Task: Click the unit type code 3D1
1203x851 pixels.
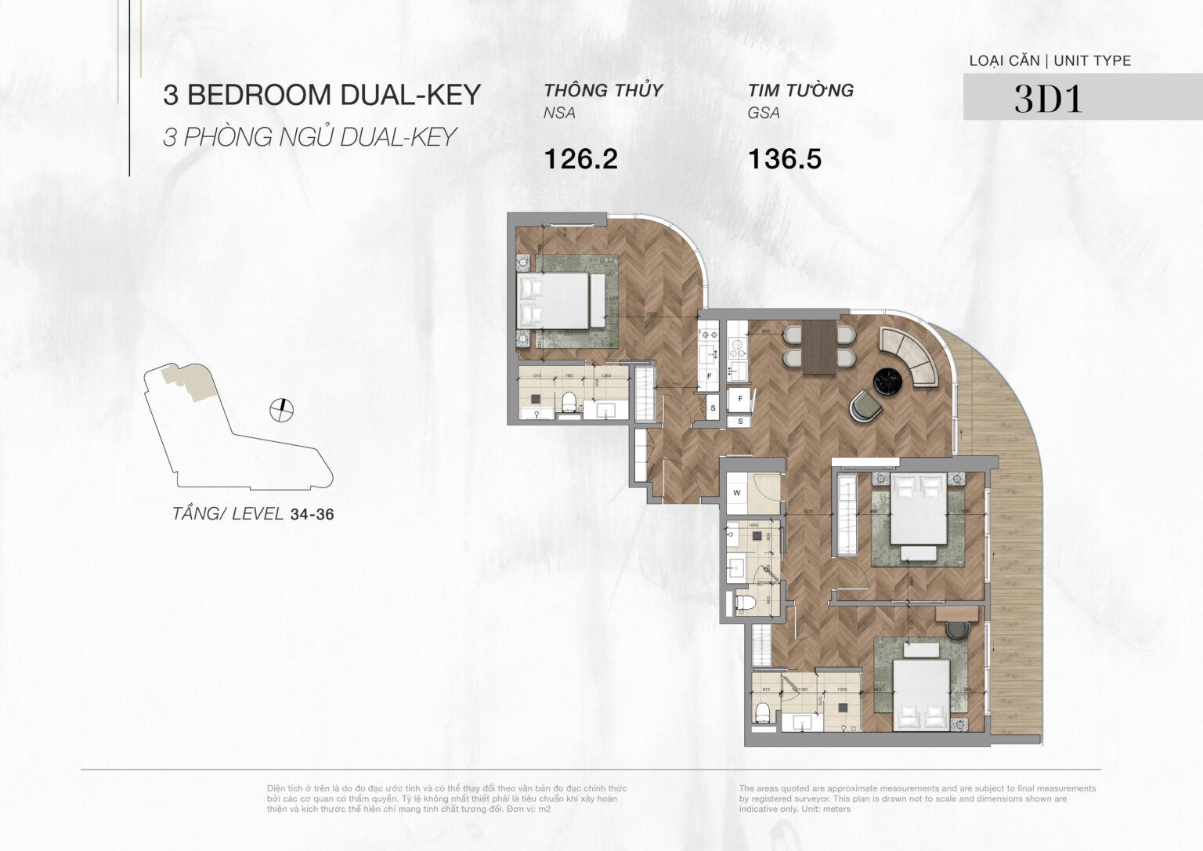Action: click(1048, 99)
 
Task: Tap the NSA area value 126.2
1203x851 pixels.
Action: click(580, 159)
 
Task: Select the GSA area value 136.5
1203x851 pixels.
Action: click(784, 159)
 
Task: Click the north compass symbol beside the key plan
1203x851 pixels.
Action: click(280, 409)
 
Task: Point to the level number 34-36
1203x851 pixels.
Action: click(312, 515)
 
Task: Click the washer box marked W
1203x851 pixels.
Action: click(738, 493)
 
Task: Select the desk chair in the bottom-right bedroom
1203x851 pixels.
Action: click(957, 632)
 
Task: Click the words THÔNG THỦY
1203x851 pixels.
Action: click(603, 90)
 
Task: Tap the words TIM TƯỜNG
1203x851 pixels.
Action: click(800, 90)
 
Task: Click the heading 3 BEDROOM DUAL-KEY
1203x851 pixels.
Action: click(321, 95)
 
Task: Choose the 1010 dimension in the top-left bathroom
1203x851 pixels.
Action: click(536, 376)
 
